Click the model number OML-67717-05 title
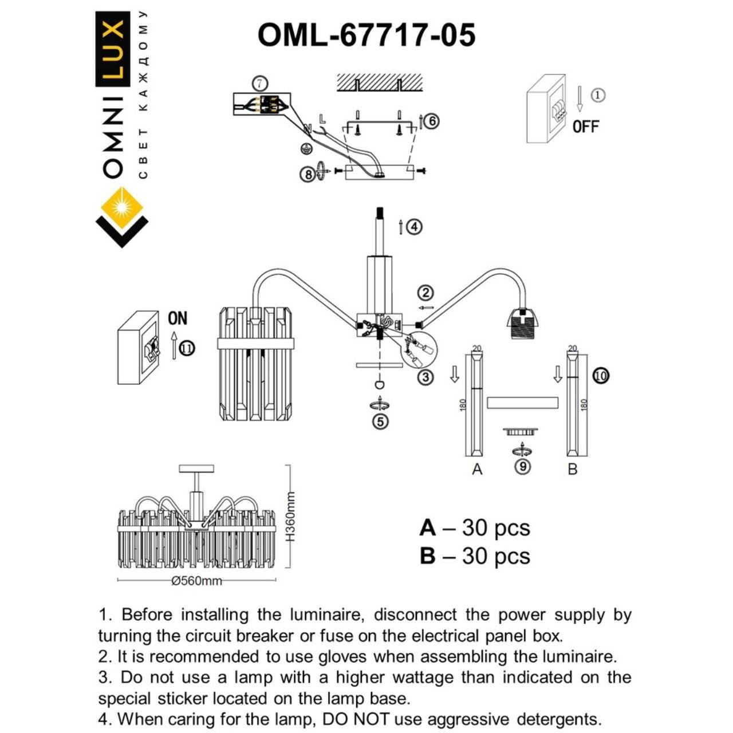click(366, 36)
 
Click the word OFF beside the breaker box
click(585, 127)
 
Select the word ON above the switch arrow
click(178, 318)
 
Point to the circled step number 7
click(260, 84)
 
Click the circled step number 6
click(432, 121)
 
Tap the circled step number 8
click(308, 174)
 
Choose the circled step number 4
click(415, 227)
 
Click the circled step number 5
click(380, 421)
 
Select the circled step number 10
click(601, 376)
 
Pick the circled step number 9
click(522, 466)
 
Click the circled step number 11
click(187, 348)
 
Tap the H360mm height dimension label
click(290, 517)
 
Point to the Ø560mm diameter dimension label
click(196, 581)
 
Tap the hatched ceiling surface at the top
click(379, 82)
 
